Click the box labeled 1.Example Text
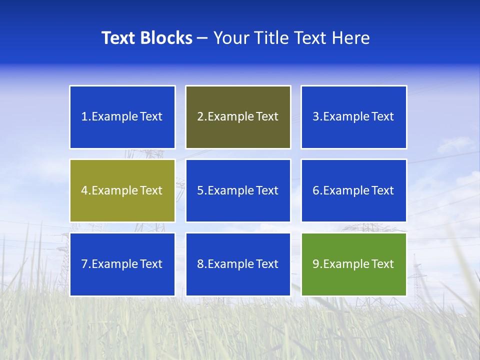[122, 117]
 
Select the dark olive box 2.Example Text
[238, 117]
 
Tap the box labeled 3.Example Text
[354, 117]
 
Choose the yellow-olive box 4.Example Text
[122, 190]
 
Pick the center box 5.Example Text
[238, 190]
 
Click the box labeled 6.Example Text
[354, 190]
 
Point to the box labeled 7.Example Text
[122, 264]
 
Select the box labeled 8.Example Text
[238, 264]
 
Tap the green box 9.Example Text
[354, 264]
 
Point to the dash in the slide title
[202, 38]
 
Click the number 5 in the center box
[200, 190]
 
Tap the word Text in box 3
[383, 117]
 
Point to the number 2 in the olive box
[200, 117]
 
